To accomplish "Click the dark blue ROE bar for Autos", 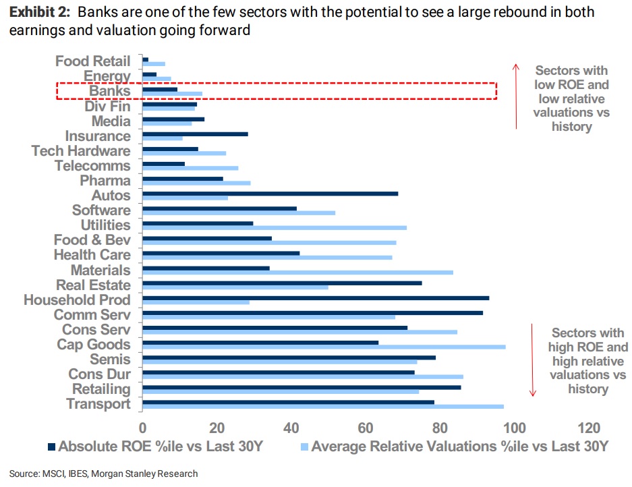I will [x=270, y=194].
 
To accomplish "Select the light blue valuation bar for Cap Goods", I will [x=324, y=347].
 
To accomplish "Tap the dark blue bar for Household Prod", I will [x=316, y=297].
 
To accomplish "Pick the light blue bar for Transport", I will [x=323, y=406].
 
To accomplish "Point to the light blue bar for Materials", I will [x=297, y=273].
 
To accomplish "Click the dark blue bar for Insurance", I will [x=195, y=134].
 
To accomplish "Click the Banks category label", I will [x=109, y=91].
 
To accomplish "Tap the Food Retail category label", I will [x=92, y=61].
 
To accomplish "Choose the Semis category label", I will [x=110, y=359].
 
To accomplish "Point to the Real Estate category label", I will [x=93, y=285].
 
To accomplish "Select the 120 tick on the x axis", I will [x=588, y=427].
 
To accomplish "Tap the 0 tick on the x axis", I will [x=143, y=427].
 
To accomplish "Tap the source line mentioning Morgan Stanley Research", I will [x=104, y=474].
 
